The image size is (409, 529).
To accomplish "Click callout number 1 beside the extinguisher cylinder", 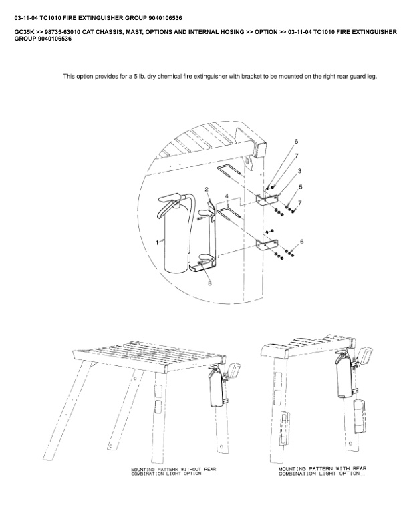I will point(157,242).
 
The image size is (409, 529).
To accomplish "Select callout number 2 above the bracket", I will point(207,190).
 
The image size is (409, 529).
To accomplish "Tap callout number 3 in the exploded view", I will point(299,171).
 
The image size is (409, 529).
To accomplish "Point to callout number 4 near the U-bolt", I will point(227,196).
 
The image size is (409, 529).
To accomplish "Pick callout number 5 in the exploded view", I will point(301,187).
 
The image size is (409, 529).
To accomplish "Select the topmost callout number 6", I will point(296,141).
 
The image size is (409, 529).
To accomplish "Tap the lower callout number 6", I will point(302,241).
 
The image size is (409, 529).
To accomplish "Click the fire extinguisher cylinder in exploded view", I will point(175,240).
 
